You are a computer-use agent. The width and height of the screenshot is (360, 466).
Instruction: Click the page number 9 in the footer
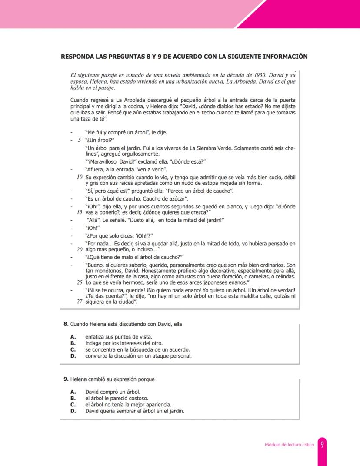point(322,445)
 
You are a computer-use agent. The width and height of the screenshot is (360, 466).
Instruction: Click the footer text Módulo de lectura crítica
point(289,445)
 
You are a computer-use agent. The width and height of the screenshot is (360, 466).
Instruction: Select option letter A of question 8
point(73,337)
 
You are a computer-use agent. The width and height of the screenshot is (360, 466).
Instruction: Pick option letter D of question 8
point(73,355)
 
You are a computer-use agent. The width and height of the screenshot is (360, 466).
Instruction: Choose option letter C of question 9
point(73,404)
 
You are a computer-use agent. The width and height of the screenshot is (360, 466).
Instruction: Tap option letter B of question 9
point(73,398)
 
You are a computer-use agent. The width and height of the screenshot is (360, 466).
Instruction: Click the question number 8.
point(66,324)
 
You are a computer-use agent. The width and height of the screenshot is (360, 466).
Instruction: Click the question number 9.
point(66,379)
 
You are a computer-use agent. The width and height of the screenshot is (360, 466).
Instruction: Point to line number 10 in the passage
point(80,177)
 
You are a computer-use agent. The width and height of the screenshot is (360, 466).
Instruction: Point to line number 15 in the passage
point(80,212)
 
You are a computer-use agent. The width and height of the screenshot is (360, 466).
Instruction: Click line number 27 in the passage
point(80,302)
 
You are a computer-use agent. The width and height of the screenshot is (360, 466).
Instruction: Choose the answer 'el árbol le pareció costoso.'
point(117,398)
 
